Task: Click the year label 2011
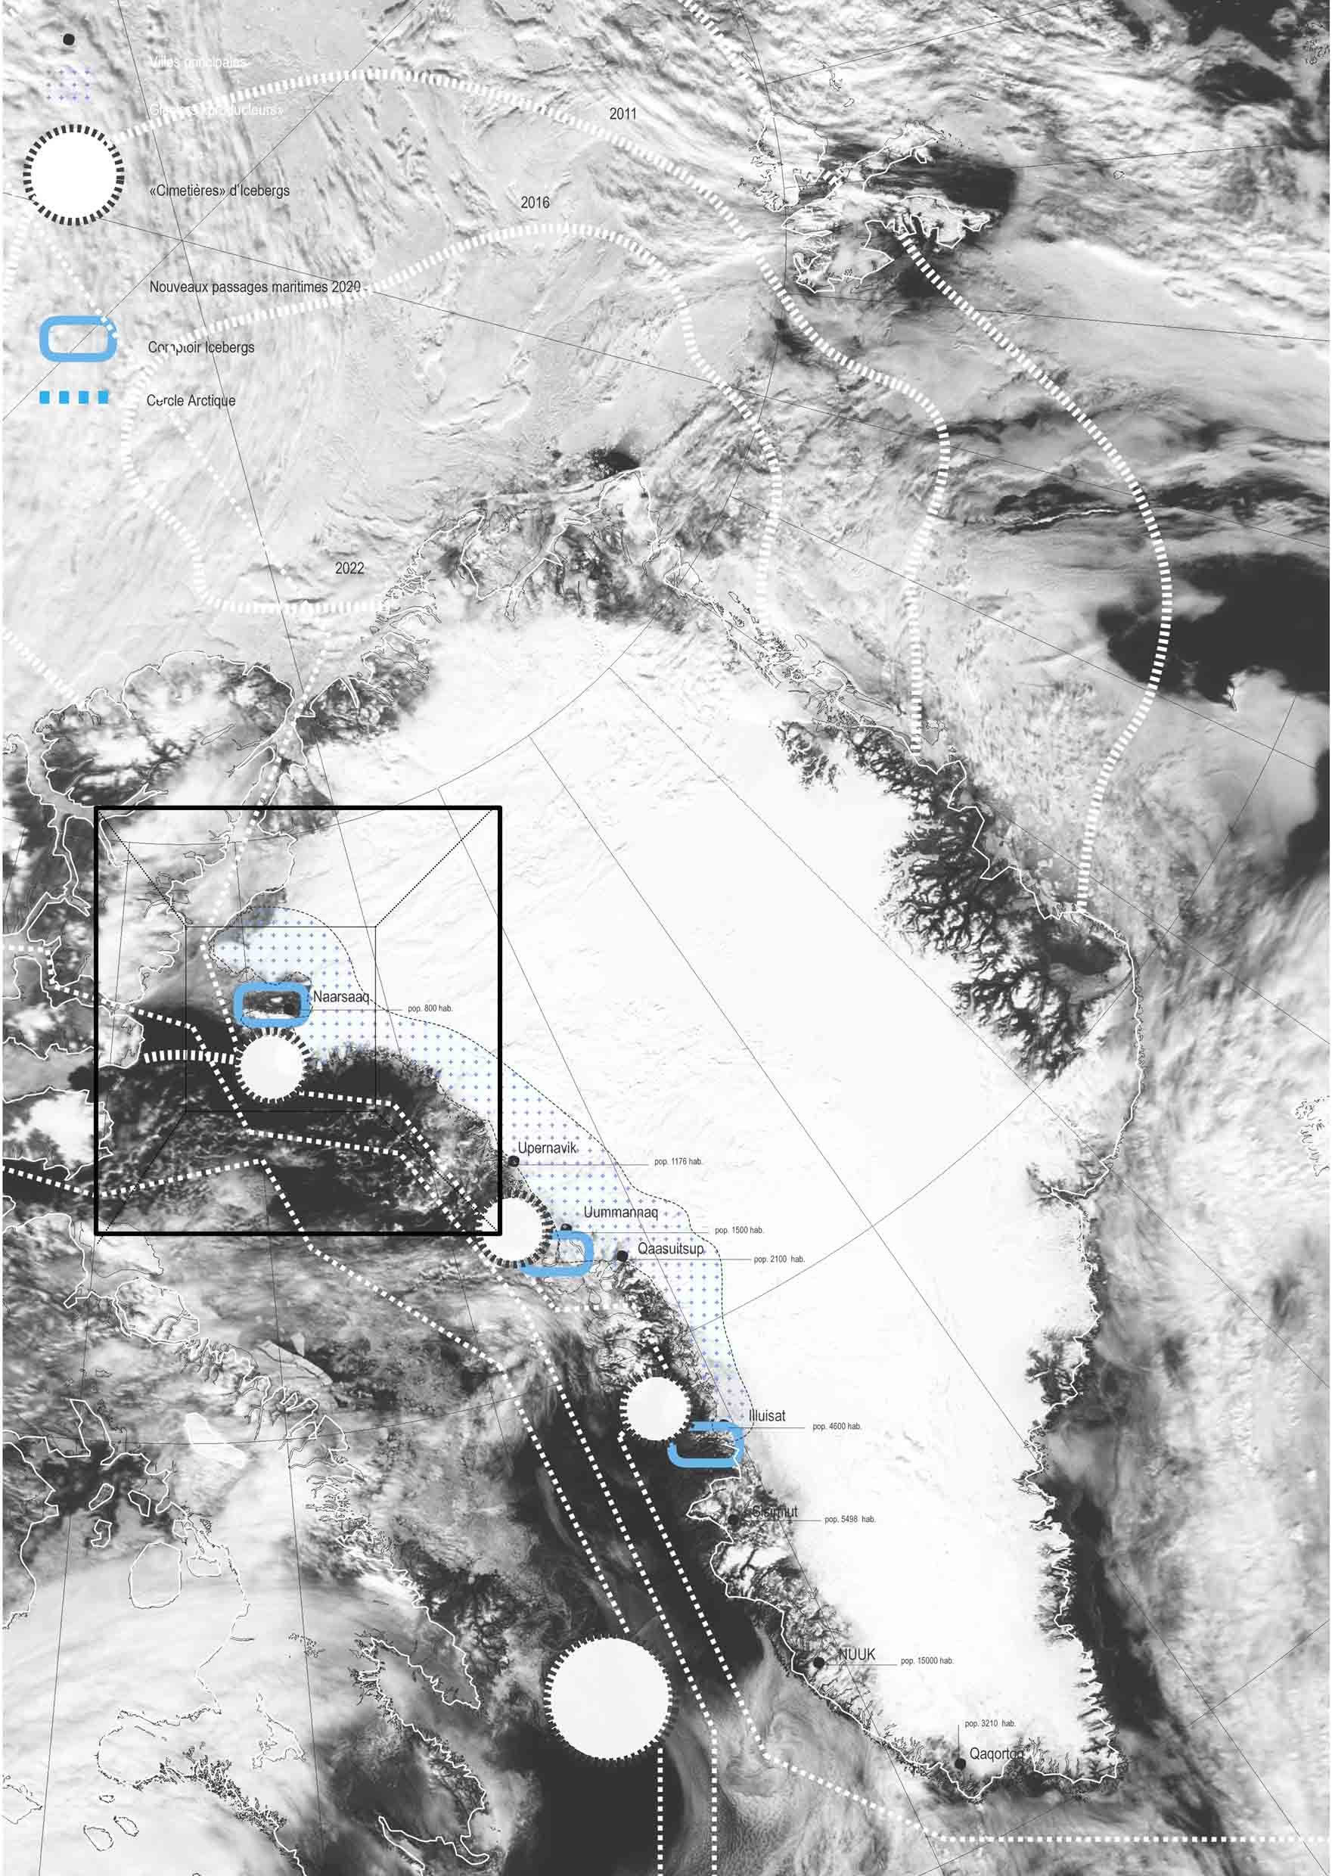623,114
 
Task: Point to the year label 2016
535,203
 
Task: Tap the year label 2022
349,567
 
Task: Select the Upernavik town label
547,1148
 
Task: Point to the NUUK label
856,1655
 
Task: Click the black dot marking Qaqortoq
960,1763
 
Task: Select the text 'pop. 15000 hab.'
927,1661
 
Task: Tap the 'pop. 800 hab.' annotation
430,1008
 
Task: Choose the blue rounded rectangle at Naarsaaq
271,1005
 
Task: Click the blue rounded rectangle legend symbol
78,340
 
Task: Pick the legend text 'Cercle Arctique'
191,400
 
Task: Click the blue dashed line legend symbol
74,398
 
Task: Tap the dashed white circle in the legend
74,174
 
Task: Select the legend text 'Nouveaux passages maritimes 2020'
254,287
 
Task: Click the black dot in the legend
69,39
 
